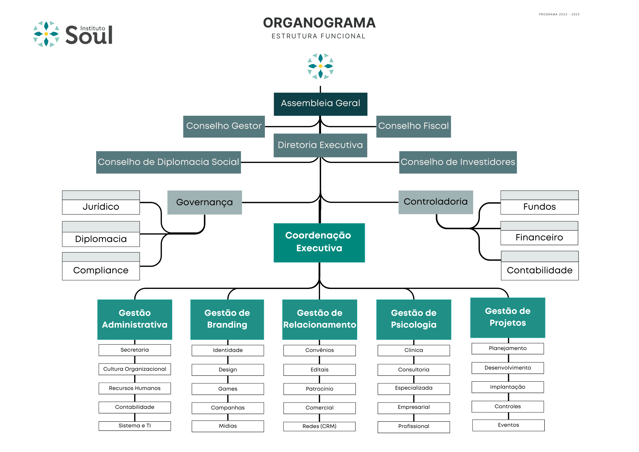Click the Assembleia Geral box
click(320, 104)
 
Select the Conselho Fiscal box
click(413, 127)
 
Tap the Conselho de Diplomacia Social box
click(168, 162)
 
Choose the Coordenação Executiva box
click(319, 243)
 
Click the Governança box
click(204, 202)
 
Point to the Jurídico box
click(101, 202)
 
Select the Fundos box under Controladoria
click(539, 202)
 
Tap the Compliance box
click(101, 266)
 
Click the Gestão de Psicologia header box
click(414, 319)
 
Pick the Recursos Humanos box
click(135, 388)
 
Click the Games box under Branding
click(228, 389)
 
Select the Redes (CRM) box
click(319, 426)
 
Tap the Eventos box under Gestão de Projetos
click(508, 425)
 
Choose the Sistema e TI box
click(135, 426)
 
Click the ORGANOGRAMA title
click(319, 23)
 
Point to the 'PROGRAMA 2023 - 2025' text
click(559, 14)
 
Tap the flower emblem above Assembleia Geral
click(320, 66)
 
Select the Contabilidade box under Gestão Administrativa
click(135, 407)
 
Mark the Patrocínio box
click(319, 389)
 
